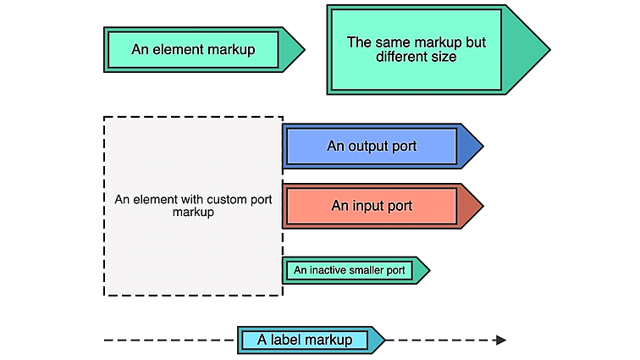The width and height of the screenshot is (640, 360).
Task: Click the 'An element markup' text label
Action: pyautogui.click(x=193, y=49)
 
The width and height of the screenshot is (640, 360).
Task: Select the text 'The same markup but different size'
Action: pyautogui.click(x=417, y=49)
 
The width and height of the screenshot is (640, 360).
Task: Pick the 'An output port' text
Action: pyautogui.click(x=372, y=146)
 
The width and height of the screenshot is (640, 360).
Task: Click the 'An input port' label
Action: pyautogui.click(x=372, y=206)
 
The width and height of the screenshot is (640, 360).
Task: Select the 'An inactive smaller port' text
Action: pyautogui.click(x=349, y=270)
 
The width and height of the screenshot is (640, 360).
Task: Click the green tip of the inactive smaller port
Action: pyautogui.click(x=421, y=270)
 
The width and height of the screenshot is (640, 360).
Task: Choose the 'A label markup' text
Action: pyautogui.click(x=305, y=340)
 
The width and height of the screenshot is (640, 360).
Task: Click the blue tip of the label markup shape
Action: pyautogui.click(x=378, y=340)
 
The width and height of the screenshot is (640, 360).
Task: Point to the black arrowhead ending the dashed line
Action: pyautogui.click(x=501, y=340)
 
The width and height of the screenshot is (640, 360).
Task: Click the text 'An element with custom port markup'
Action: pyautogui.click(x=193, y=206)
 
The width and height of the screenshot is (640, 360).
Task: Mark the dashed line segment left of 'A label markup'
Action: pyautogui.click(x=169, y=340)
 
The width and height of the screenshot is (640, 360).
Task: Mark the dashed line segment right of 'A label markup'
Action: pyautogui.click(x=440, y=340)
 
